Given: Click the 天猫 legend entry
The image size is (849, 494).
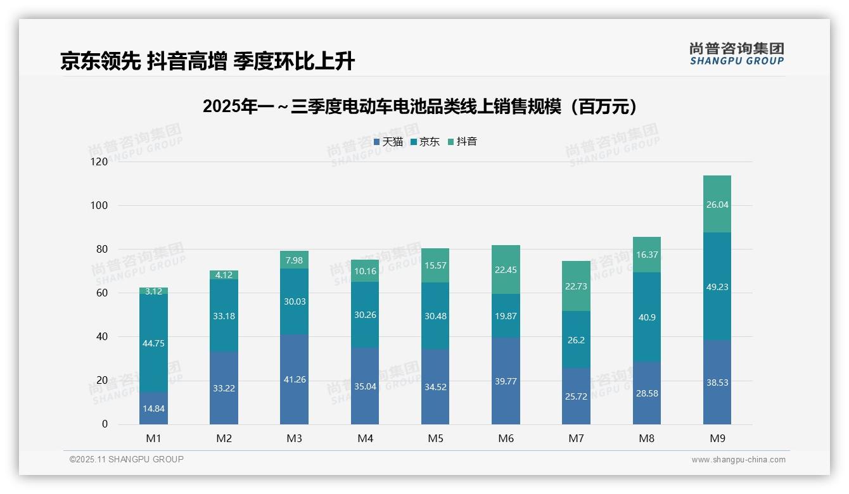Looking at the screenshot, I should [x=388, y=142].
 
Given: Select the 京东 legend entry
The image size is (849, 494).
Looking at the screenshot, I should [x=425, y=142].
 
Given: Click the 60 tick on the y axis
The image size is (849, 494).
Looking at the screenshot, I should [x=101, y=293].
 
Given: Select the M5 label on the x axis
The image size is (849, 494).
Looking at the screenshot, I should [x=435, y=438].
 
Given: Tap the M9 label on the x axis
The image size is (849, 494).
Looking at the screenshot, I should [x=717, y=438].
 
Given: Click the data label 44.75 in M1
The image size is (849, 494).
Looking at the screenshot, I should [x=153, y=343].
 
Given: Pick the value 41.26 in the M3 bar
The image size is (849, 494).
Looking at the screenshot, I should [x=294, y=379].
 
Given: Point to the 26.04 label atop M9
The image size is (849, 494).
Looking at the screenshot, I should [x=717, y=205].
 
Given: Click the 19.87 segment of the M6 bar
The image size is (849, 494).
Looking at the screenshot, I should [x=506, y=316].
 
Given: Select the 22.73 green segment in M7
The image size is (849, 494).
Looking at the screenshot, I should [x=576, y=286].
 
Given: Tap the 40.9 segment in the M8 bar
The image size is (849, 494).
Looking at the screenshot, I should [x=646, y=317].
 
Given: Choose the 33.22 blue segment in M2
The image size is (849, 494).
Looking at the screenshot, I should [x=224, y=388].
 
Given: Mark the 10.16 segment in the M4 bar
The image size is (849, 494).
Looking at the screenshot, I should [x=365, y=271].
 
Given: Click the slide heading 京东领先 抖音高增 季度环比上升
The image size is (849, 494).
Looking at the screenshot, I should [x=207, y=61].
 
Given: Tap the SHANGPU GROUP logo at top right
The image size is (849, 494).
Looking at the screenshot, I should [x=736, y=54].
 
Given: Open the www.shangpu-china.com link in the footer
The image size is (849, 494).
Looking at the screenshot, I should [x=738, y=460].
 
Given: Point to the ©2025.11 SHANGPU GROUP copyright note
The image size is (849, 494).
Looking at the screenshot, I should [x=127, y=459].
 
